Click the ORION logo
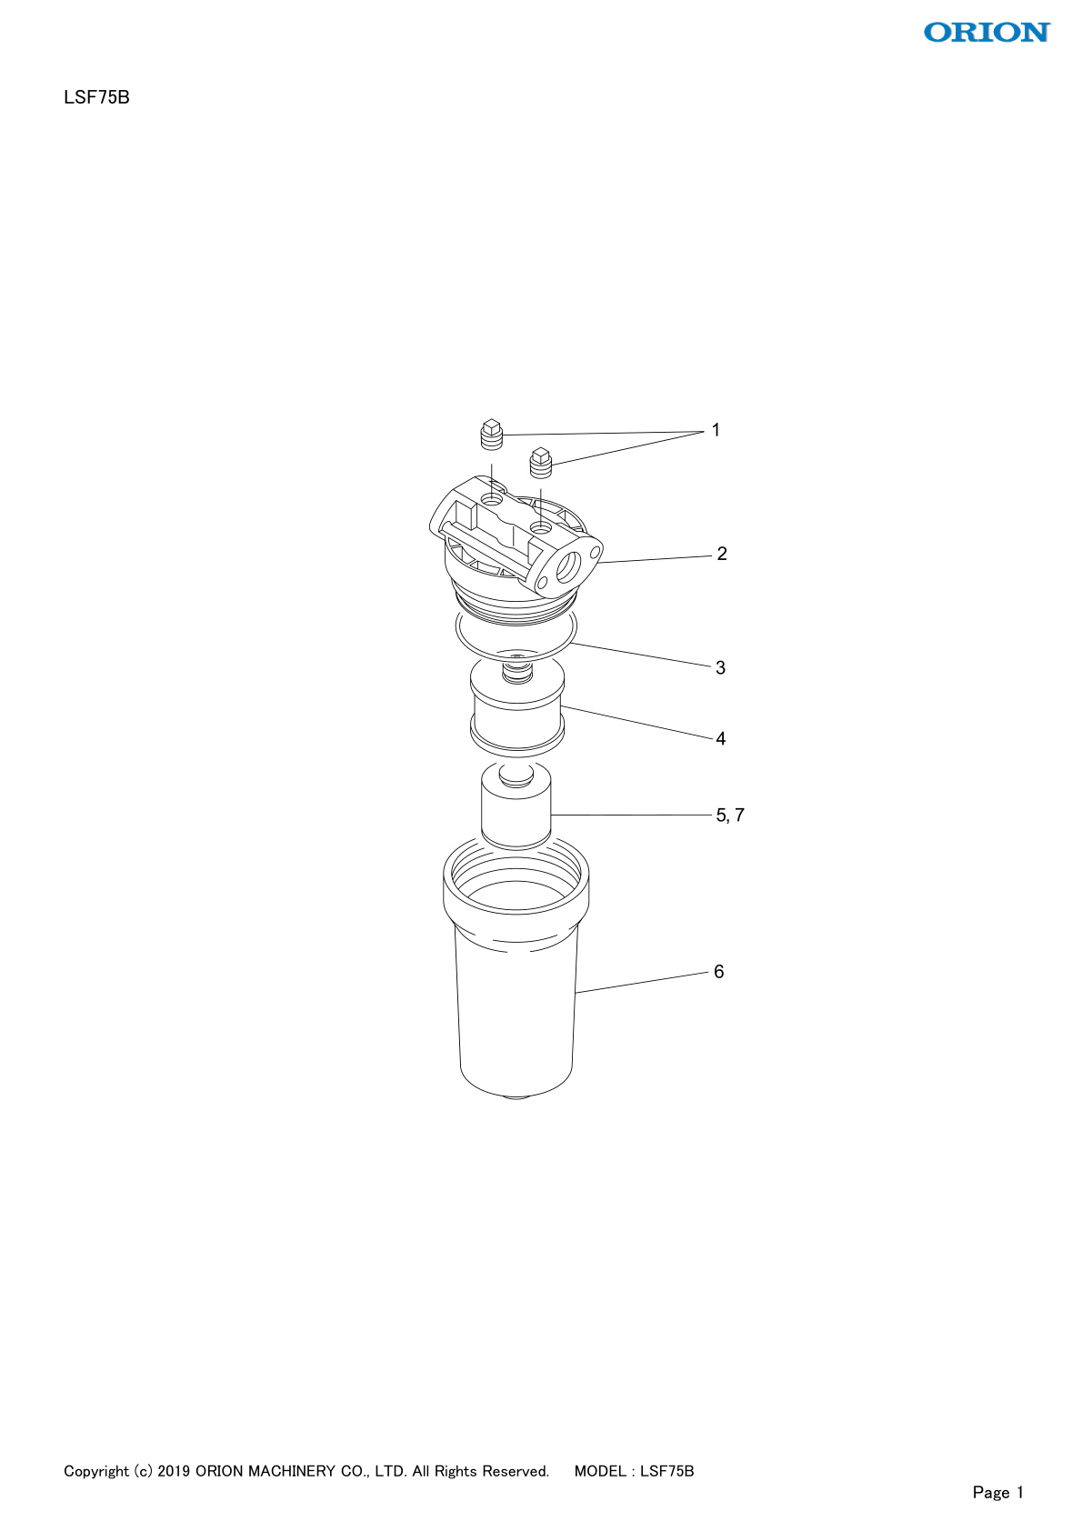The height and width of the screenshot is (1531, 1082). point(987,32)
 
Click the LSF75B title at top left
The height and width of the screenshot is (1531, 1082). point(96,98)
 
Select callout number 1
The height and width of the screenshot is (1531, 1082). point(716,430)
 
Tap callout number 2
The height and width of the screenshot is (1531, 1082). point(722,554)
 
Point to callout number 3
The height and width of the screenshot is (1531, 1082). point(720,667)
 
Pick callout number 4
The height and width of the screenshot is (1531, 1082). point(720,739)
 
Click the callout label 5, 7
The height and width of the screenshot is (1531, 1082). point(730,815)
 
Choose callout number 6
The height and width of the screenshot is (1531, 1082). point(719,971)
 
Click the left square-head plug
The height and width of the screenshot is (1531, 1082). point(491,435)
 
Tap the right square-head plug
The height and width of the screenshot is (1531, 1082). point(541,463)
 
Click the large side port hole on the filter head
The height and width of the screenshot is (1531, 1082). point(568,567)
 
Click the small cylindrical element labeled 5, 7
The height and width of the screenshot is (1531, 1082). point(516,806)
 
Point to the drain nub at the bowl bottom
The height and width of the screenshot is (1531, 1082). point(516,1097)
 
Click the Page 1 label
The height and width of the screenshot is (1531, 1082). point(998,1492)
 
